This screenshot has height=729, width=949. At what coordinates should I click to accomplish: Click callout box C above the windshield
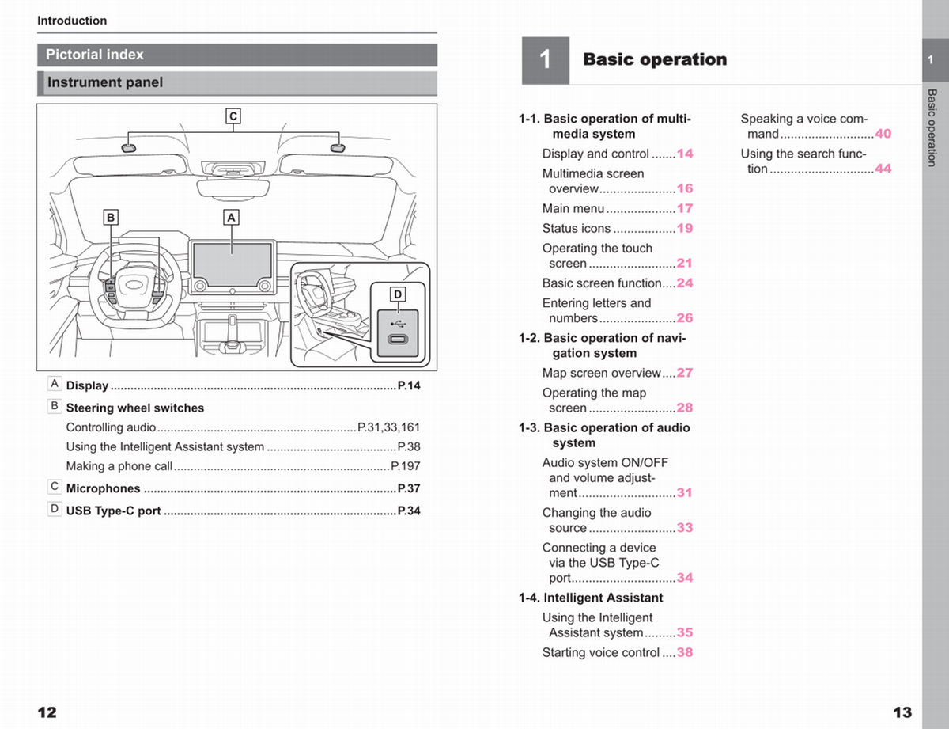pyautogui.click(x=233, y=116)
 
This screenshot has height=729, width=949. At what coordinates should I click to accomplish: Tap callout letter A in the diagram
pyautogui.click(x=231, y=217)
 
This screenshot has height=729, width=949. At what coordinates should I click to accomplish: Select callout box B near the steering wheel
pyautogui.click(x=112, y=217)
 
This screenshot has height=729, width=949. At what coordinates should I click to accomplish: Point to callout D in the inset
pyautogui.click(x=398, y=294)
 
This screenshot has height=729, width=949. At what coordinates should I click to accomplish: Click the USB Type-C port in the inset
pyautogui.click(x=397, y=340)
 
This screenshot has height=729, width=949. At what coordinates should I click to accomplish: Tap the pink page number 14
pyautogui.click(x=685, y=154)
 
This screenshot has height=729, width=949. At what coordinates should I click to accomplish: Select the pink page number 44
pyautogui.click(x=883, y=169)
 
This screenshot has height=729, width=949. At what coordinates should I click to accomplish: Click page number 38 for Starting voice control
pyautogui.click(x=685, y=652)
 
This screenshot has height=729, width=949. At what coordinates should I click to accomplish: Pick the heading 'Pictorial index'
pyautogui.click(x=95, y=55)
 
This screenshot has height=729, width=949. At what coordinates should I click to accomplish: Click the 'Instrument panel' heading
pyautogui.click(x=105, y=82)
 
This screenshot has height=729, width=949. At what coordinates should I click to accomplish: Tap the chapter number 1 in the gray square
pyautogui.click(x=545, y=60)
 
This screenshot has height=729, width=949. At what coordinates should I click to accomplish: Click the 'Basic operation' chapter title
pyautogui.click(x=655, y=59)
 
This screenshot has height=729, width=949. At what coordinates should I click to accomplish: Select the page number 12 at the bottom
pyautogui.click(x=47, y=712)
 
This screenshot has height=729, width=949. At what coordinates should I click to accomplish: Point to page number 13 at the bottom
pyautogui.click(x=902, y=712)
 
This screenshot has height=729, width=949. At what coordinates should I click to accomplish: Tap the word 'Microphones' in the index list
pyautogui.click(x=103, y=488)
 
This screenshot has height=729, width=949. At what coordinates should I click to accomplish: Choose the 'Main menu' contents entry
pyautogui.click(x=573, y=208)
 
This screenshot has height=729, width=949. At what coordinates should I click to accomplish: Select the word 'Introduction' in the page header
pyautogui.click(x=72, y=21)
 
